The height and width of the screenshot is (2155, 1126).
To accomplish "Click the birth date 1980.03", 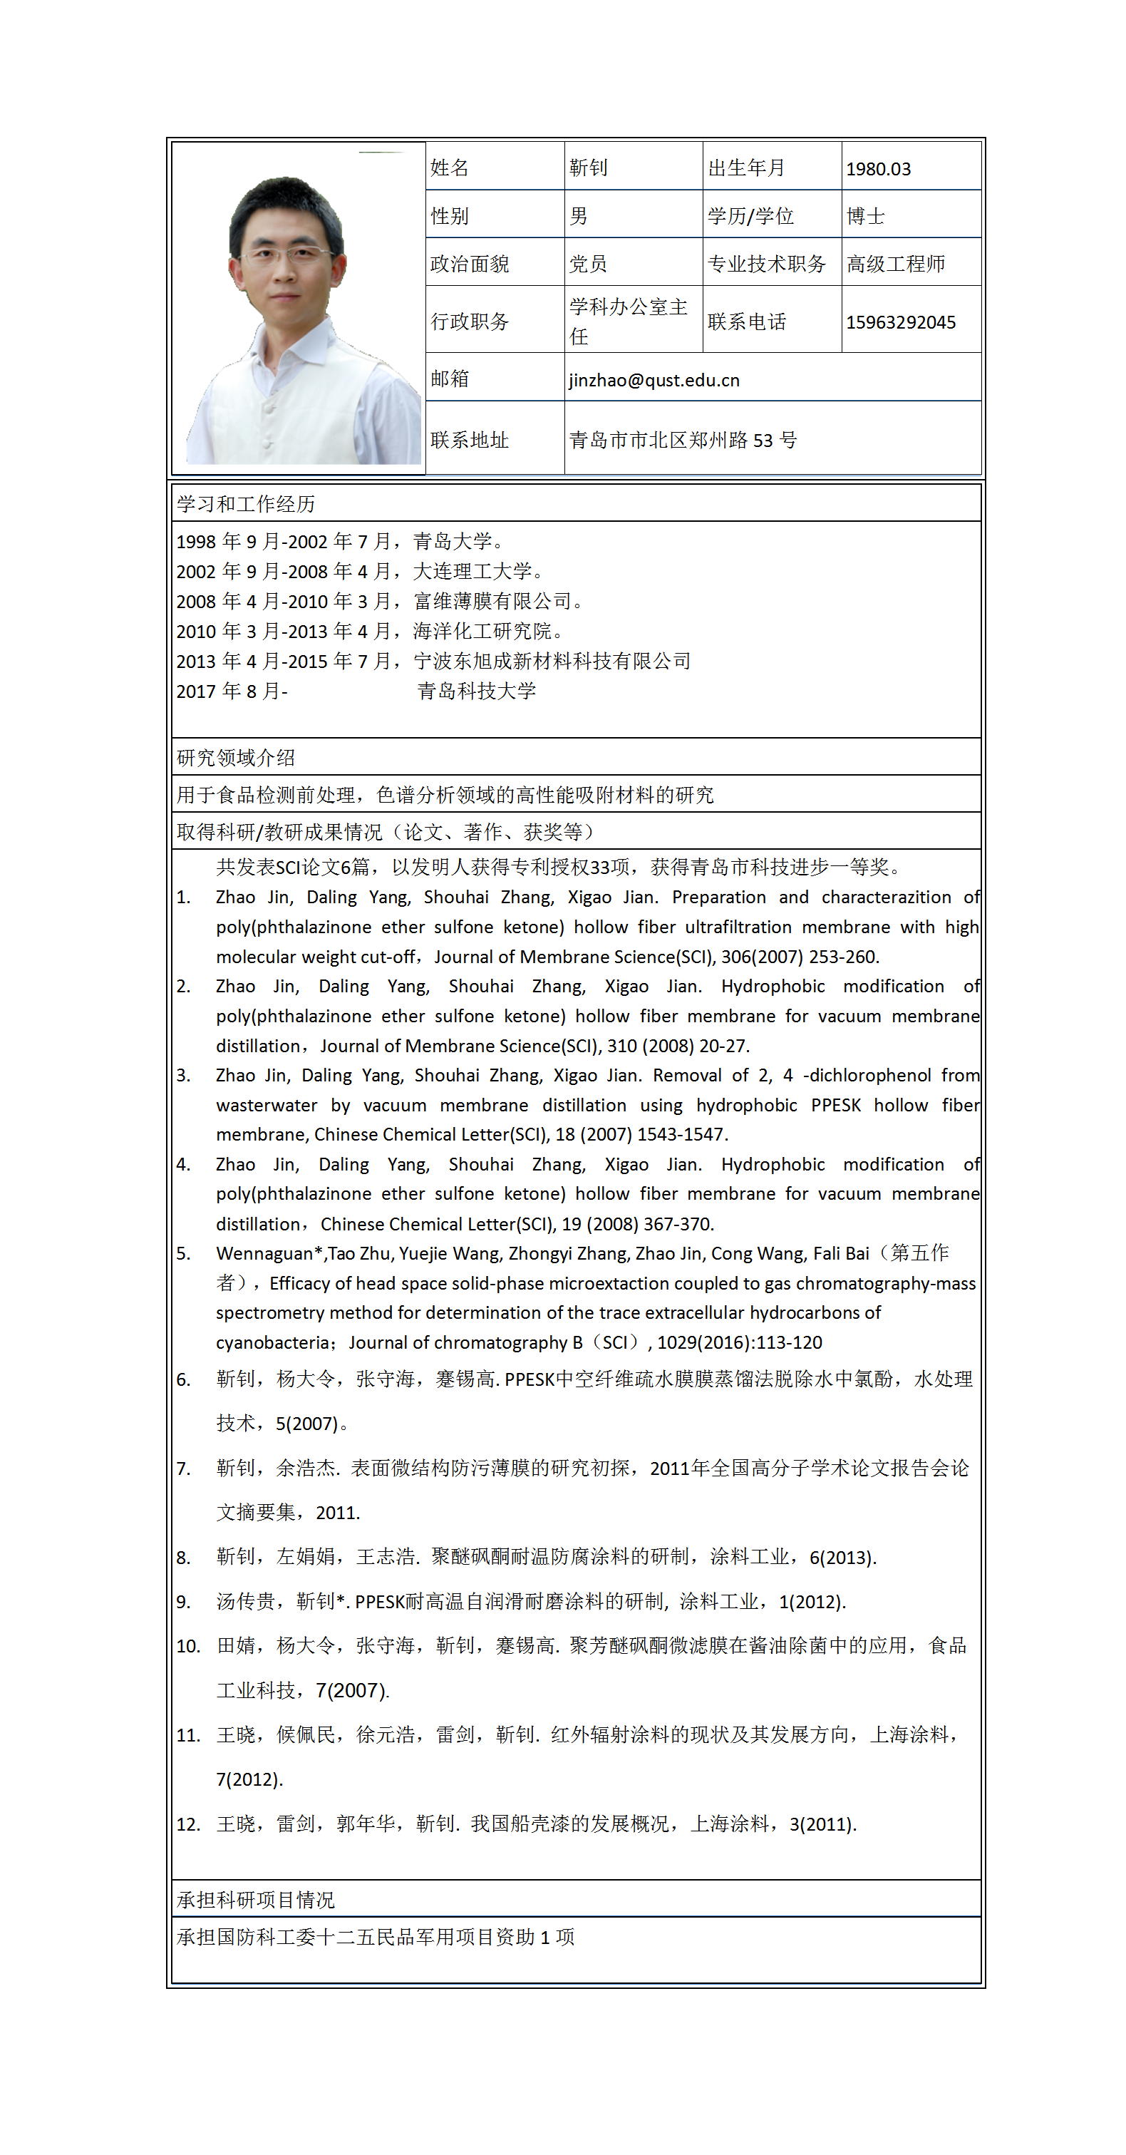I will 877,169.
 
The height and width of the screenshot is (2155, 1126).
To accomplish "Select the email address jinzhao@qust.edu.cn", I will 654,381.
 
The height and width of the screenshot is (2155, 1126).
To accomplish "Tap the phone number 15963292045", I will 900,323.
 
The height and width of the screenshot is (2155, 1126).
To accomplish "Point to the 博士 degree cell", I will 865,217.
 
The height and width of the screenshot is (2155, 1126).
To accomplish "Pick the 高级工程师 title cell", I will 895,264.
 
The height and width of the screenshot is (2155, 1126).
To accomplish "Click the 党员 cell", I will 588,264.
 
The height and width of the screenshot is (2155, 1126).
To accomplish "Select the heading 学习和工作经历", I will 245,503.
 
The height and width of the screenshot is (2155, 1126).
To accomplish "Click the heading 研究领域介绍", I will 235,758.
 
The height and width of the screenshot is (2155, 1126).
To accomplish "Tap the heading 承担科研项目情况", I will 255,1900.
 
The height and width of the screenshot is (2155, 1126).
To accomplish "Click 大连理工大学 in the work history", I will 472,572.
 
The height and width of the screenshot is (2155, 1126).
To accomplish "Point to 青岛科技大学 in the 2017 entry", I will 477,691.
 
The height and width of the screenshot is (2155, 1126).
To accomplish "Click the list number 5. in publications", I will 183,1254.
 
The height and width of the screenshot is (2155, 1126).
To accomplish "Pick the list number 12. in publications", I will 187,1824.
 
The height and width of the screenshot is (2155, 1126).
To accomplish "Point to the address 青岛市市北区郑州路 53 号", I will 683,440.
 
